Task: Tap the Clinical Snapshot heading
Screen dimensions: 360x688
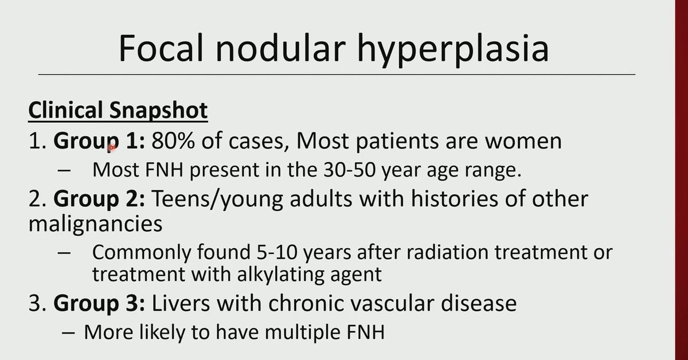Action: point(118,111)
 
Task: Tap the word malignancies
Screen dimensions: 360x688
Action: point(95,223)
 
